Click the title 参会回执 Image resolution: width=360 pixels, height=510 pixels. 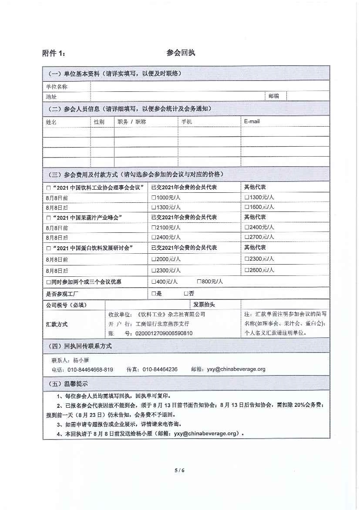coord(180,53)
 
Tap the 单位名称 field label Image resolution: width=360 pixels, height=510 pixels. coord(57,87)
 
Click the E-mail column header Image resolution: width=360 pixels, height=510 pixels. coord(252,121)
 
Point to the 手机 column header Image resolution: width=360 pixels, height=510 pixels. coord(186,122)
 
